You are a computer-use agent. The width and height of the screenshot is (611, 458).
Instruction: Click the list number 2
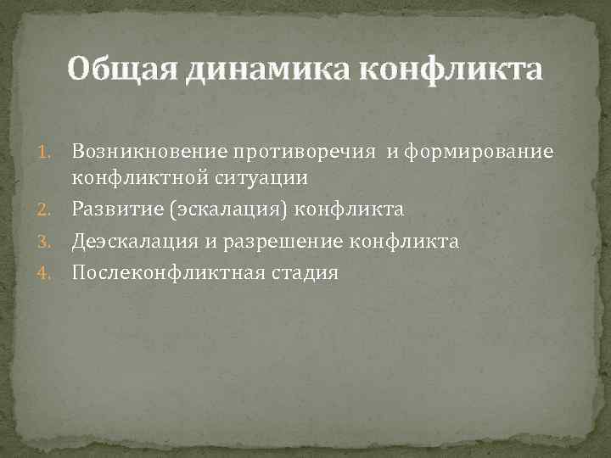(x=53, y=209)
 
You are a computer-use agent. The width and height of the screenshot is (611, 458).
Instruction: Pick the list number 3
(x=53, y=243)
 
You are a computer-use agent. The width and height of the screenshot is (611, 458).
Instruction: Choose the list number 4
(x=53, y=274)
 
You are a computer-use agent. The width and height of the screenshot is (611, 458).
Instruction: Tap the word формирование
(x=481, y=151)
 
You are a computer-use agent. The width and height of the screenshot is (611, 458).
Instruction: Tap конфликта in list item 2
(x=349, y=209)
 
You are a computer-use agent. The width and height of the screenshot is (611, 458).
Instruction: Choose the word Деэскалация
(x=132, y=243)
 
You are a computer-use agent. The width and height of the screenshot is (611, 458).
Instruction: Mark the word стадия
(x=300, y=274)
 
